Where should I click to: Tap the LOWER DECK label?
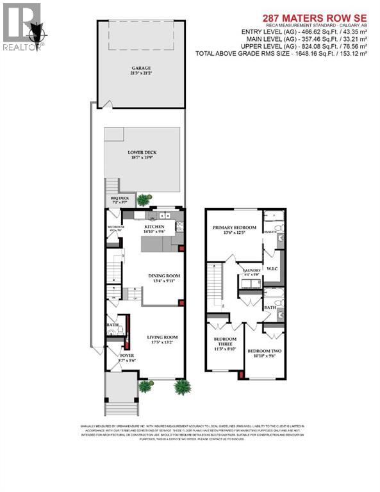tap(142, 152)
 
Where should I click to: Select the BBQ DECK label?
tap(120, 200)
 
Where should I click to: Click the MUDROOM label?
tap(115, 227)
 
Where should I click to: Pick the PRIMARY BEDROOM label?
tap(235, 227)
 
